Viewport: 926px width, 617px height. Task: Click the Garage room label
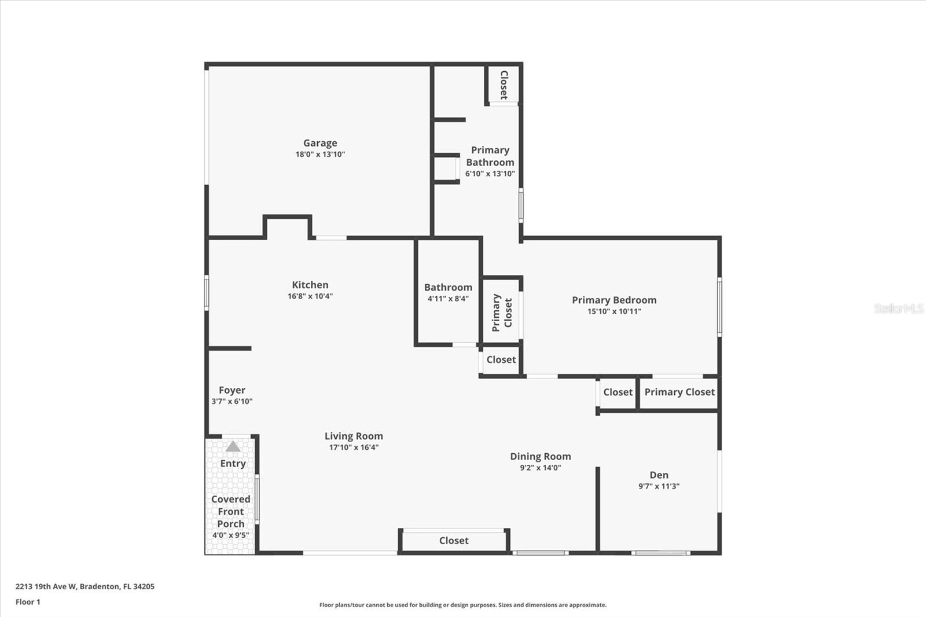(x=320, y=143)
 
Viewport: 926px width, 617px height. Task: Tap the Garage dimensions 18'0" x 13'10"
(x=320, y=155)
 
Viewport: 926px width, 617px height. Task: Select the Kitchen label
(x=310, y=285)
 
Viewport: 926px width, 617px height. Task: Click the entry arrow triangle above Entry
(x=233, y=446)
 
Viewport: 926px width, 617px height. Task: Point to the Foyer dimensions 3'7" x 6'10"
(x=231, y=401)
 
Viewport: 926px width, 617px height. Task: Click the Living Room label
(x=354, y=436)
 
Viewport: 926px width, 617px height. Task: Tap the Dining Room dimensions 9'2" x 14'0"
(x=540, y=468)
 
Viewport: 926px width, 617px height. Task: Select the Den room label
(x=659, y=475)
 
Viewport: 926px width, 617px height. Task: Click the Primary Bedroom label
(x=614, y=300)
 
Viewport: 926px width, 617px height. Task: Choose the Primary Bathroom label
(x=490, y=156)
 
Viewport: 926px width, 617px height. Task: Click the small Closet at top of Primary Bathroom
(x=504, y=85)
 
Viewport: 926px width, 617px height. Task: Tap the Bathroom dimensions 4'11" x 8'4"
(x=448, y=299)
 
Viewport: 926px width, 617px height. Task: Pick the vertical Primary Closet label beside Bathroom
(x=502, y=313)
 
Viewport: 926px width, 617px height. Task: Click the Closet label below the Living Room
(x=454, y=541)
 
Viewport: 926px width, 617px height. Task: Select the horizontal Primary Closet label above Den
(x=679, y=392)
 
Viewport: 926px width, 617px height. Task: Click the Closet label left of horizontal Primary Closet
(x=618, y=392)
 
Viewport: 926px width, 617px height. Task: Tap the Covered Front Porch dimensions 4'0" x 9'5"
(x=230, y=535)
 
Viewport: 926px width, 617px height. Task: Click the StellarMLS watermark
(x=898, y=308)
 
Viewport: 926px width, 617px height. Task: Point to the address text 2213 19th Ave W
(x=46, y=586)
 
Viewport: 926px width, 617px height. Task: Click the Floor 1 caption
(x=28, y=602)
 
